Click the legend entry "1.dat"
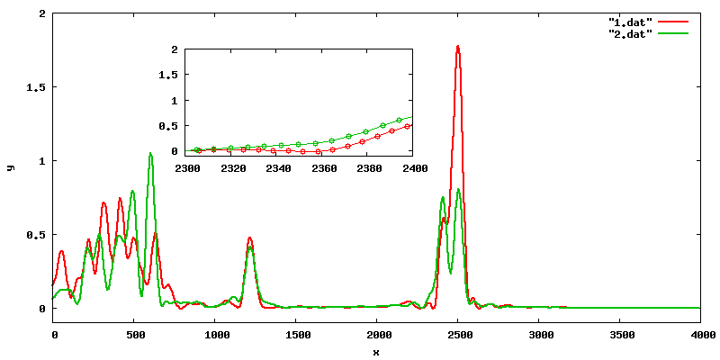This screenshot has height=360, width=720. (x=630, y=20)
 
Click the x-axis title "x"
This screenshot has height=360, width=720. (x=376, y=351)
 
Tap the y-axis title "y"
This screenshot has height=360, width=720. (x=10, y=166)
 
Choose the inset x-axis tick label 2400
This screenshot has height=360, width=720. (x=413, y=168)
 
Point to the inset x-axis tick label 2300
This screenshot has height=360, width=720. (x=188, y=168)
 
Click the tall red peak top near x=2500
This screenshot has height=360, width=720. (x=458, y=46)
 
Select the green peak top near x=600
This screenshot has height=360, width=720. (x=149, y=154)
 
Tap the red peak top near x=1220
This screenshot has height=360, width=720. (x=250, y=238)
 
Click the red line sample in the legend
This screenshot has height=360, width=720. (x=672, y=20)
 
